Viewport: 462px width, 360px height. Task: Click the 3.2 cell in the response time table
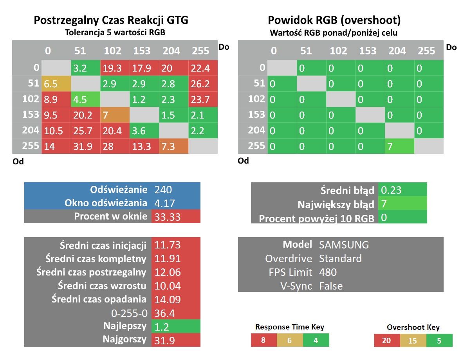tap(85, 68)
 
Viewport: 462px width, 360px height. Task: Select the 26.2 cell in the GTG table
tap(203, 84)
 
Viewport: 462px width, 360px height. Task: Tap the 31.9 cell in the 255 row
tap(85, 146)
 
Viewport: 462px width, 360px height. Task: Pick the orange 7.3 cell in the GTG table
tap(173, 146)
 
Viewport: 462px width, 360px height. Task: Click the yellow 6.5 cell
tap(56, 84)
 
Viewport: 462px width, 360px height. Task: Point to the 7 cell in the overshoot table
tap(399, 146)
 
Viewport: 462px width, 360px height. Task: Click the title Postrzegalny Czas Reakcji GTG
tap(111, 20)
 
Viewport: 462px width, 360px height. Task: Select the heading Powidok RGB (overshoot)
tap(334, 20)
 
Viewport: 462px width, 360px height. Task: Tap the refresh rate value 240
tap(163, 189)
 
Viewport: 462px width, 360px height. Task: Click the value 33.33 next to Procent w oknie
tap(167, 217)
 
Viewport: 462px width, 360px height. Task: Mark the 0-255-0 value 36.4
tap(164, 313)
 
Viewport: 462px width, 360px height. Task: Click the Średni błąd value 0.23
tap(391, 190)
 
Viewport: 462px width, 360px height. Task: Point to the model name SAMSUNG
tap(344, 245)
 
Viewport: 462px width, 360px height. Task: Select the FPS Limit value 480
tap(328, 272)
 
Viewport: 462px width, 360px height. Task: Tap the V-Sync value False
tap(331, 286)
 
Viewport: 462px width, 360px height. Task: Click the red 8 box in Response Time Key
tap(264, 340)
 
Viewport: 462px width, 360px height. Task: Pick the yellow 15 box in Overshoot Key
tap(413, 340)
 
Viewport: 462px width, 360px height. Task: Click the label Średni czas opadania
tap(99, 299)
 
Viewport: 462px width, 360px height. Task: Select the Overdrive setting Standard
tap(340, 258)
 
